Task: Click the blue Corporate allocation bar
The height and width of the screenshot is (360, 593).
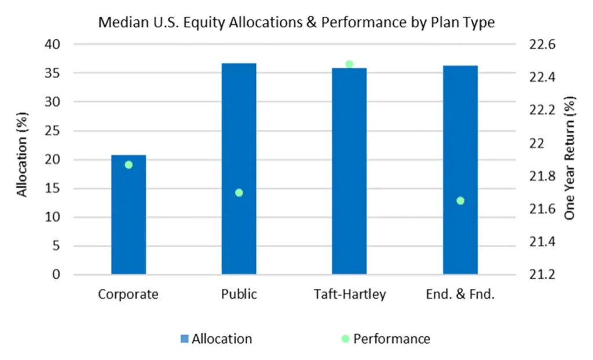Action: click(129, 214)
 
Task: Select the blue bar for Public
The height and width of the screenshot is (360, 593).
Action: click(239, 168)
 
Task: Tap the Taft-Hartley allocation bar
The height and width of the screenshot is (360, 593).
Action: click(349, 171)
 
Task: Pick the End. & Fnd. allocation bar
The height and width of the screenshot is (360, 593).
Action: click(460, 170)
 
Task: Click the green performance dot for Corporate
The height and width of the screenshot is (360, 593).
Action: click(129, 165)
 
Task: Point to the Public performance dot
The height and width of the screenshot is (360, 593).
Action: click(239, 193)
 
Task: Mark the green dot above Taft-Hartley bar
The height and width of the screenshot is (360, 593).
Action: click(349, 64)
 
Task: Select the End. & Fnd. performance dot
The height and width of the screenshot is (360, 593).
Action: click(460, 201)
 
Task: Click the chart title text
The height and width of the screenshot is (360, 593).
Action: click(296, 23)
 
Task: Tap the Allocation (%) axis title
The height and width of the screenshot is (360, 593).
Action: click(22, 155)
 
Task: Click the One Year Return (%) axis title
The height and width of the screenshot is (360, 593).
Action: click(569, 158)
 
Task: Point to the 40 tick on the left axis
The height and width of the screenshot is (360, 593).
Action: click(52, 44)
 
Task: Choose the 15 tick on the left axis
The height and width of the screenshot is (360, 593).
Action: click(52, 188)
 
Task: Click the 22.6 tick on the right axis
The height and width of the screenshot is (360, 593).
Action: click(542, 45)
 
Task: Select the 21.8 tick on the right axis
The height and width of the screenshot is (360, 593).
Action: click(542, 176)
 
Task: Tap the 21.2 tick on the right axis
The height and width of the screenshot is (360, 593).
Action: click(542, 274)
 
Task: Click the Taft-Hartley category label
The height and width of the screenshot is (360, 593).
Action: click(350, 294)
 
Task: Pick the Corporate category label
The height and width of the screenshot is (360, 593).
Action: click(128, 294)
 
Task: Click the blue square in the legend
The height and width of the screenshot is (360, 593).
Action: click(185, 339)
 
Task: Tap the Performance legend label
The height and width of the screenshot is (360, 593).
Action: click(392, 339)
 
